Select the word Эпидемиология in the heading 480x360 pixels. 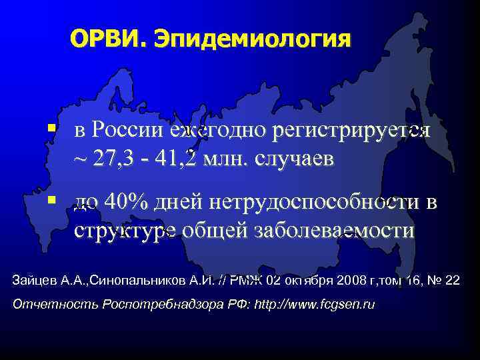coord(251,40)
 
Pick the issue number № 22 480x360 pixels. coord(445,279)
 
